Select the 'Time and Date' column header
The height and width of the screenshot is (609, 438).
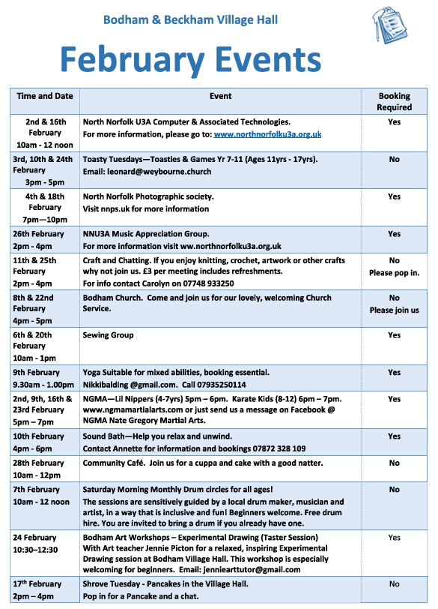coord(45,97)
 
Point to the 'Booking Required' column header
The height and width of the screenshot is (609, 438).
coord(394,101)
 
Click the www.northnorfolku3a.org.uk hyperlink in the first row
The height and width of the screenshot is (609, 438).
coord(267,134)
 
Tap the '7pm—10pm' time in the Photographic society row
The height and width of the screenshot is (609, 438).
coord(45,220)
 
